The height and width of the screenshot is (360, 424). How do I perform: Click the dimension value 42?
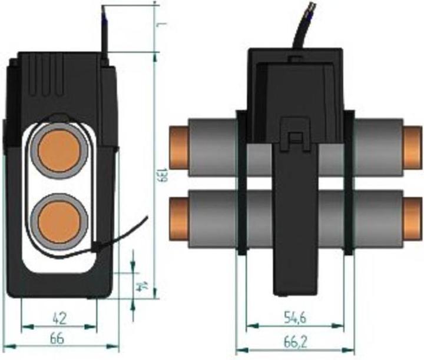(x=59, y=318)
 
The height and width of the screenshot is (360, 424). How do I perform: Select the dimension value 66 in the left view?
(x=58, y=339)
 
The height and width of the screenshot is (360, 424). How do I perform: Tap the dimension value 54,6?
(x=294, y=318)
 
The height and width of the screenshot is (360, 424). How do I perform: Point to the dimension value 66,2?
(x=294, y=339)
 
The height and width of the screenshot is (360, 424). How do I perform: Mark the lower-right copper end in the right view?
(x=412, y=215)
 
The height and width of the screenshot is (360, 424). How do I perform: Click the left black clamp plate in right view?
(x=241, y=182)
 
